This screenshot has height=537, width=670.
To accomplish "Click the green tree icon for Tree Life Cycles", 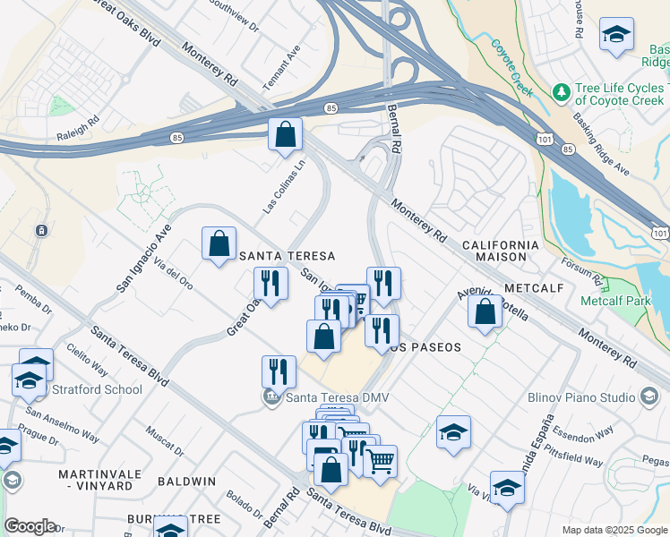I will click(x=562, y=92).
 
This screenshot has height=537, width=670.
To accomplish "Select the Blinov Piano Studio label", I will click(x=581, y=396).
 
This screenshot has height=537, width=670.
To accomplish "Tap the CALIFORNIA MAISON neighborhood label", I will click(x=501, y=250).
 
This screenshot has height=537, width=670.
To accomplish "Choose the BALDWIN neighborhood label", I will click(x=187, y=481).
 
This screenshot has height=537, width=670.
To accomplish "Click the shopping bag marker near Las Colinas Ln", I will click(x=285, y=136).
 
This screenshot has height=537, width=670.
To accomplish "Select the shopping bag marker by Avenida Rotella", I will click(x=485, y=312).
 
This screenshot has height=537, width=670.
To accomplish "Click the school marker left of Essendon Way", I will click(x=453, y=432).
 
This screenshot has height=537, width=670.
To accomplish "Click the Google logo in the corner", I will click(x=30, y=526).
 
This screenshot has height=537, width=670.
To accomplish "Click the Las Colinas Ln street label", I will click(x=284, y=186).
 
